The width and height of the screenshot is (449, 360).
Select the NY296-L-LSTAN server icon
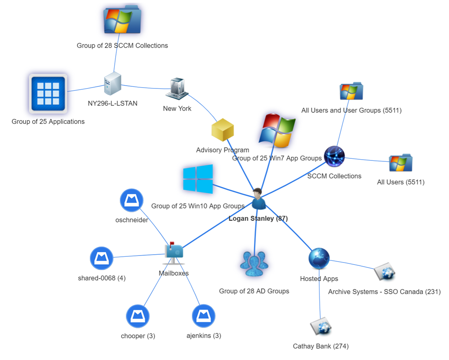pyautogui.click(x=112, y=84)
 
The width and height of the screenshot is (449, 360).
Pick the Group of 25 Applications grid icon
pyautogui.click(x=48, y=94)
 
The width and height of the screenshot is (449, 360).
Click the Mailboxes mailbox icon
pyautogui.click(x=174, y=252)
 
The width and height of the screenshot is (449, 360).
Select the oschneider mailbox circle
pyautogui.click(x=131, y=201)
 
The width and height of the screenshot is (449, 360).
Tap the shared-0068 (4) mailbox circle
pyautogui.click(x=102, y=258)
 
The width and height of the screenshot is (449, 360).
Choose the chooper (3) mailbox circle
pyautogui.click(x=137, y=316)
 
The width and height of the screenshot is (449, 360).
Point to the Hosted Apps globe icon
pyautogui.click(x=319, y=258)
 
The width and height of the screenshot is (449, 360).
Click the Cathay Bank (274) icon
pyautogui.click(x=321, y=327)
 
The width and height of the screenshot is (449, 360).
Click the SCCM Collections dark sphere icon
pyautogui.click(x=334, y=156)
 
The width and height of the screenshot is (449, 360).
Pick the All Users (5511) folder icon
pyautogui.click(x=400, y=163)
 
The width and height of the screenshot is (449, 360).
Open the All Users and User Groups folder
pyautogui.click(x=351, y=91)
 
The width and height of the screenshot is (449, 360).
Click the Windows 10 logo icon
pyautogui.click(x=198, y=179)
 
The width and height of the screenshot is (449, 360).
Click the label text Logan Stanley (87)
pyautogui.click(x=258, y=218)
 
